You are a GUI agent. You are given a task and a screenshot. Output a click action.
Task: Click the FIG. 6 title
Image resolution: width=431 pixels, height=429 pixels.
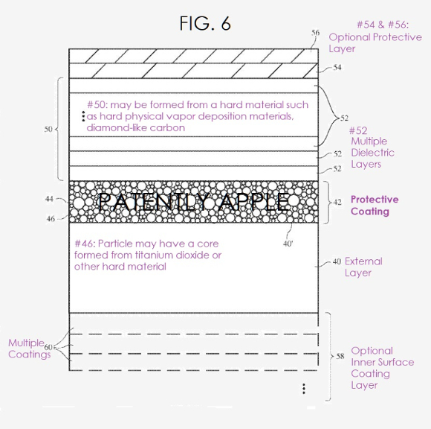coord(205,23)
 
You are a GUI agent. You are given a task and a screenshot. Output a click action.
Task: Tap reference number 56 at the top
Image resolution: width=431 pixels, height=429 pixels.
coord(316,33)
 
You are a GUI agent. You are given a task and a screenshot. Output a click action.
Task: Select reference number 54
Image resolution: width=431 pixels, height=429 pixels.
coord(337,67)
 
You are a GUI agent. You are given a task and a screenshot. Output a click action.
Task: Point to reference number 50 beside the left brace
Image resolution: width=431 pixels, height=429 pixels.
coord(48,129)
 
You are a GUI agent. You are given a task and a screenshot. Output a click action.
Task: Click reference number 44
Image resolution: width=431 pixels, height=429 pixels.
coord(49,199)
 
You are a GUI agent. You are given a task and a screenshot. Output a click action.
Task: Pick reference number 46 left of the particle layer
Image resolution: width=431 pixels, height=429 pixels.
coord(51,219)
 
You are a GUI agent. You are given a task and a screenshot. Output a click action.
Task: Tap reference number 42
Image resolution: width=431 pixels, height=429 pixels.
coord(337,203)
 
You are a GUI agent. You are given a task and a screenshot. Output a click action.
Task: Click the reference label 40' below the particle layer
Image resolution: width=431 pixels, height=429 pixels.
coord(288,244)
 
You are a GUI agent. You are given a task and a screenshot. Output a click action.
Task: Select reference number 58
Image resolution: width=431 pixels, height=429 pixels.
coord(340,356)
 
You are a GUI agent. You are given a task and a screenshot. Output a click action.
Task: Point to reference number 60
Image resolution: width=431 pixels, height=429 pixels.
coord(48,347)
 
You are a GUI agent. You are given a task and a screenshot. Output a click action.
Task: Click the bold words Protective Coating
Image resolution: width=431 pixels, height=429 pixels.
coord(375,206)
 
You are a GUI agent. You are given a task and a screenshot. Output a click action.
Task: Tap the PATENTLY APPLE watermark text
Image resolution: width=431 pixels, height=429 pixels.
coord(194,202)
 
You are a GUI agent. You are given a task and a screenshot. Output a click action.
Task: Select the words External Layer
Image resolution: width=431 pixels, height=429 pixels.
coord(363,267)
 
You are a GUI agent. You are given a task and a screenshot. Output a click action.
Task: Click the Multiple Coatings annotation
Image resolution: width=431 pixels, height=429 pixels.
coord(29,349)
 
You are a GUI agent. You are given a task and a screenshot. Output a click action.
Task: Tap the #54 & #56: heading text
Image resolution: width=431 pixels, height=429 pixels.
coord(383,25)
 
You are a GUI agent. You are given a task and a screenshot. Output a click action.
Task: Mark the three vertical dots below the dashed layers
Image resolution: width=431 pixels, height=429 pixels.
coord(304,389)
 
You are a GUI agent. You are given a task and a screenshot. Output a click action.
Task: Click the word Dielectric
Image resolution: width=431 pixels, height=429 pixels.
coord(372,153)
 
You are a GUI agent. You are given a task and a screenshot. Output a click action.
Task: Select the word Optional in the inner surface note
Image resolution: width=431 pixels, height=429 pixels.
coord(372,351)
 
